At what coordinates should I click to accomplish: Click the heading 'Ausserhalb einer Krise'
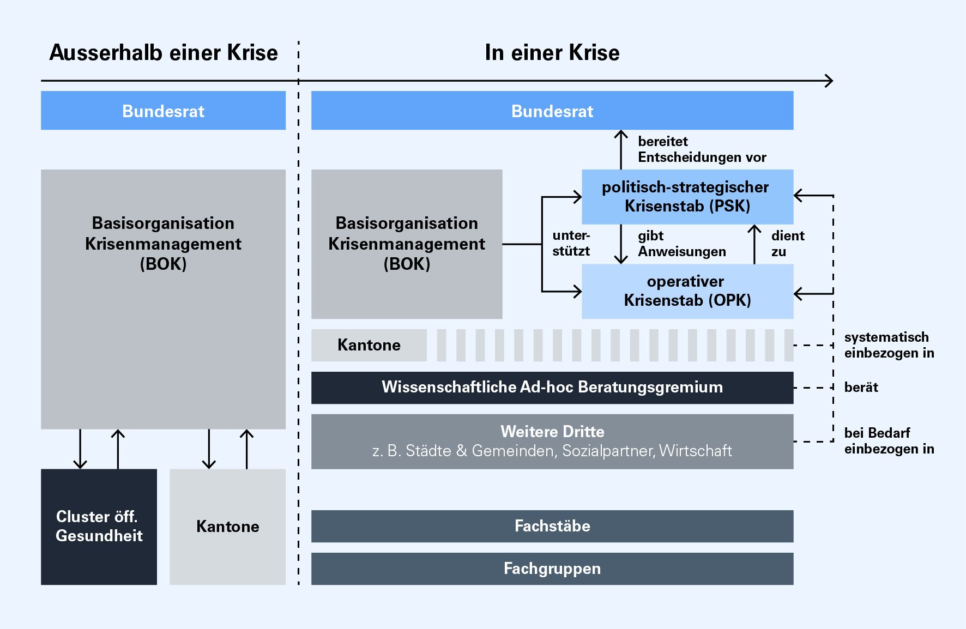coord(164,53)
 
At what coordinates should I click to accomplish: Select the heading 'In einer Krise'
coord(552,53)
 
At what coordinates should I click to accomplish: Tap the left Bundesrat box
coord(163,111)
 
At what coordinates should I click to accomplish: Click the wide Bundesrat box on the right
coord(552,111)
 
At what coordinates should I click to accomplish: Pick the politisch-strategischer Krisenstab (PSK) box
coord(687,197)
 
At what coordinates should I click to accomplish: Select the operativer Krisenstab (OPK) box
coord(687,291)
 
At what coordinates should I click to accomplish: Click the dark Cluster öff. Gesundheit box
coord(99,527)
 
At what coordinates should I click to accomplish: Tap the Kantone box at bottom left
coord(227,527)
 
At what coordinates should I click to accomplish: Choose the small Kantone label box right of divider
coord(369,345)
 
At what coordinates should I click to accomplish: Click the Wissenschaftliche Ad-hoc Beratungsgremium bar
coord(552,388)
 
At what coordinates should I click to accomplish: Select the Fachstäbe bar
coord(552,526)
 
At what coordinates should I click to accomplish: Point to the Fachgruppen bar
coord(552,568)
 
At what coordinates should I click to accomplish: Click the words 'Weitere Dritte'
coord(552,432)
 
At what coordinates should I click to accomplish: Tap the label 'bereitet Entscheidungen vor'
coord(701,149)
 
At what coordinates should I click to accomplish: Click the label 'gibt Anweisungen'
coord(681,244)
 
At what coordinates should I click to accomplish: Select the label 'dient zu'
coord(787,244)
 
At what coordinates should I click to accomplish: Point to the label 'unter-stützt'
coord(571,244)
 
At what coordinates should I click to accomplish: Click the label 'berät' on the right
coord(861,388)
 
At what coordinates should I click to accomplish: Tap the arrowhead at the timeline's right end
coord(829,81)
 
